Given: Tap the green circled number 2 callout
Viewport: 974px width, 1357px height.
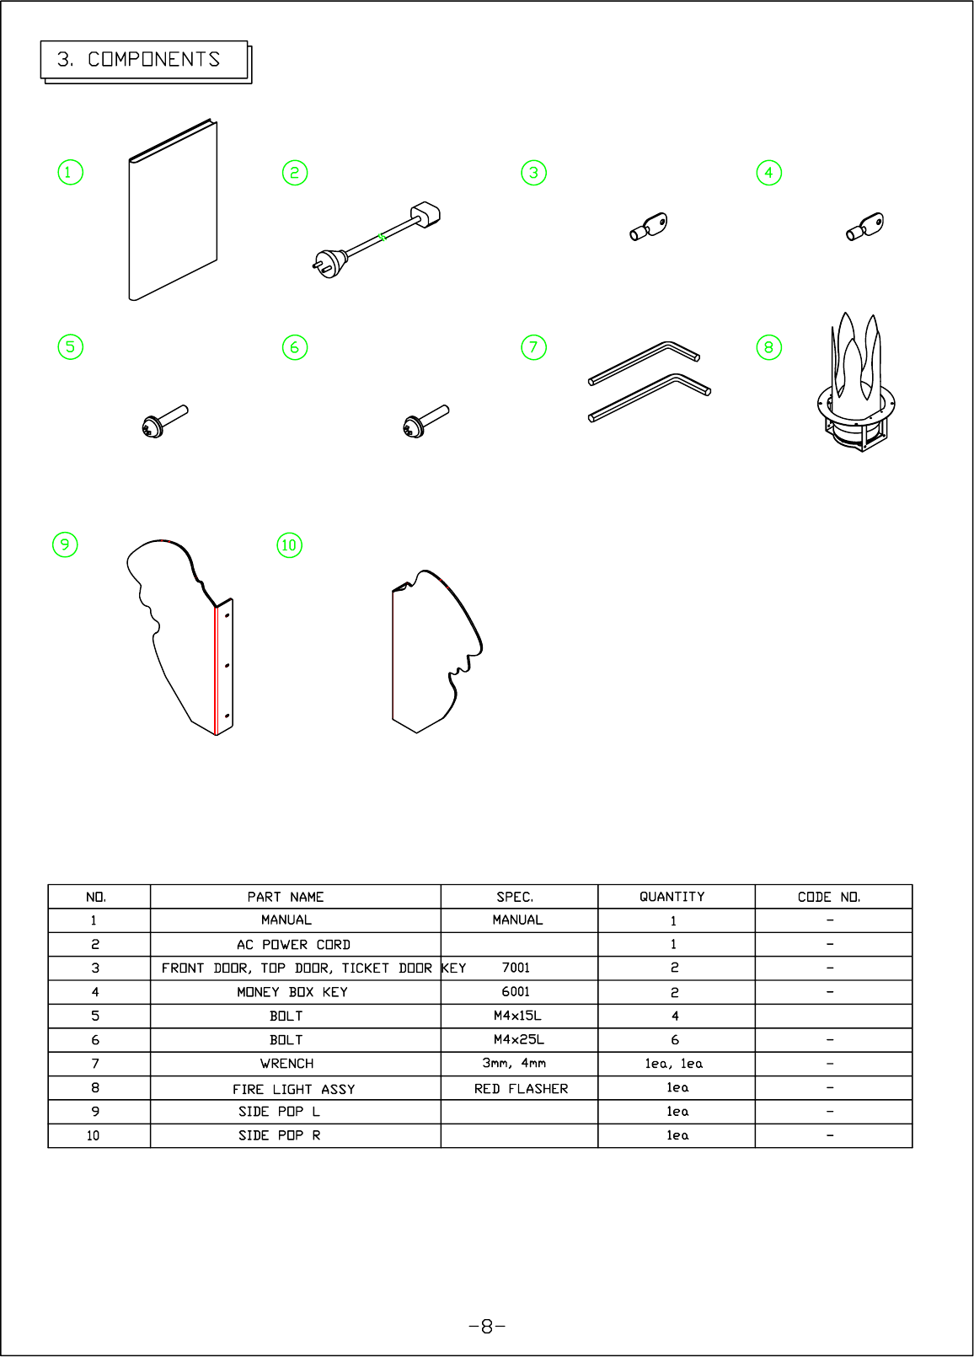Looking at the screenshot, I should click(x=295, y=173).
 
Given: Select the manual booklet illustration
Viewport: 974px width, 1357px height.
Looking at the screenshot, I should click(x=173, y=211).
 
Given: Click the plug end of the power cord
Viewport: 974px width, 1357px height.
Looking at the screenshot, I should click(x=328, y=264).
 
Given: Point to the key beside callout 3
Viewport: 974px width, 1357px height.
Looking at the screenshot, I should click(x=648, y=227).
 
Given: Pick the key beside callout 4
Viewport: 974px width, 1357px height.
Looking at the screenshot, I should click(x=865, y=227).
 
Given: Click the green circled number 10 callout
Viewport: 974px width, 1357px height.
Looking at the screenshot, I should click(x=290, y=545).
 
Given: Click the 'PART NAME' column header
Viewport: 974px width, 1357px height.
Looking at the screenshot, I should click(x=286, y=897).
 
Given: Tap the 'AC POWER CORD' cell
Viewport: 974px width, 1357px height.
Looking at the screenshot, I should click(x=293, y=945).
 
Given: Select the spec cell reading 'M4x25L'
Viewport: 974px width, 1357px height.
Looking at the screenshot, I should click(x=518, y=1040).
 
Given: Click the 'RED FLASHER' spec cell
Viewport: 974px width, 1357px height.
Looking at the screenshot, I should click(x=521, y=1089).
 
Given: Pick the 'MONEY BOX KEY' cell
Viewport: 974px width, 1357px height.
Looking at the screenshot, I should click(x=292, y=992).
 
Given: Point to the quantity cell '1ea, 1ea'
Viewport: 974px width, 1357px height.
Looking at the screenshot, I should click(x=674, y=1064).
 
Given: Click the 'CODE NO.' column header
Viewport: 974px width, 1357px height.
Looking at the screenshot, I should click(x=829, y=897).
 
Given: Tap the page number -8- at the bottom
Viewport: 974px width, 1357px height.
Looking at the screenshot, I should click(x=487, y=1327).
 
